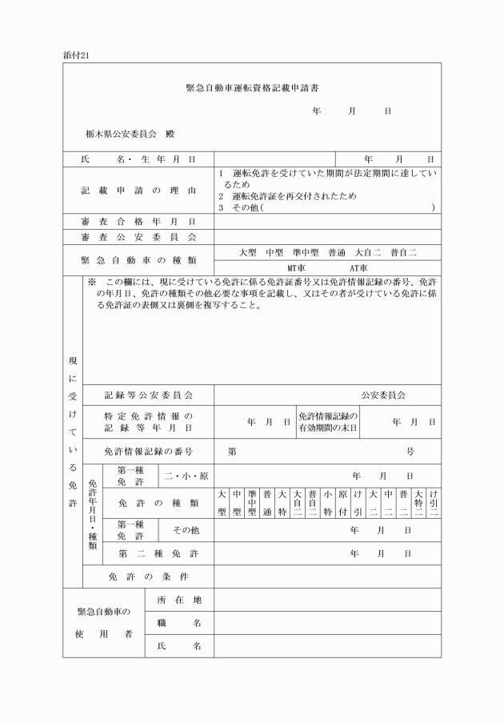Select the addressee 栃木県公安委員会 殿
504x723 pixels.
[130, 133]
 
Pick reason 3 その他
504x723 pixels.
[240, 207]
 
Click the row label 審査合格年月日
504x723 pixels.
[138, 221]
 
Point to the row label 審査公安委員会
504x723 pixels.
[138, 237]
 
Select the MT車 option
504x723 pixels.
[298, 268]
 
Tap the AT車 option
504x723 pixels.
[357, 268]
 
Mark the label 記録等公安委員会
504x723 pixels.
[149, 395]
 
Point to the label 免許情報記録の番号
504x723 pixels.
[149, 452]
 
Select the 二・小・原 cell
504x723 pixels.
[186, 476]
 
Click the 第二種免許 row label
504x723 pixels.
[158, 553]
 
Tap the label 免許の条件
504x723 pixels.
[149, 576]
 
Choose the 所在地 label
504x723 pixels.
[179, 600]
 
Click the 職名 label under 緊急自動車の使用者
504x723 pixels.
[179, 622]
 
